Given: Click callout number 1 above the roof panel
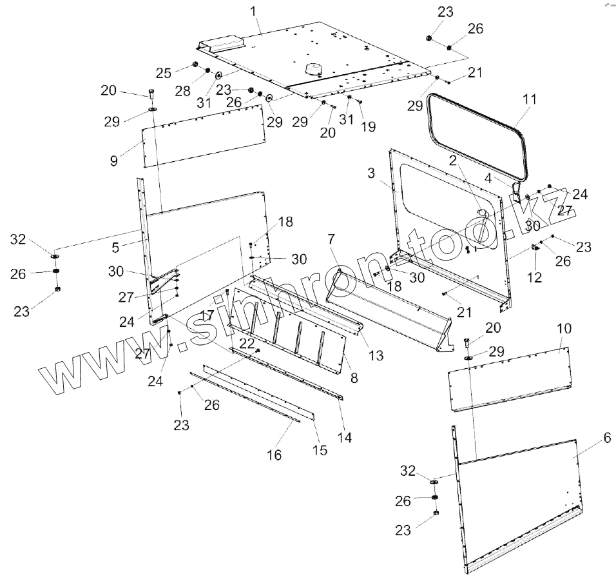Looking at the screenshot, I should click(253, 11).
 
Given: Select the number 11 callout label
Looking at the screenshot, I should click(530, 99).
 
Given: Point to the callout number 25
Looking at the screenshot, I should click(164, 70).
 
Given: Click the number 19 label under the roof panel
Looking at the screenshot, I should click(368, 127).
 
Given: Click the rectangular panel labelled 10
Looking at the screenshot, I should click(509, 377).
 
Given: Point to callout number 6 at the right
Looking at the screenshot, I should click(606, 438).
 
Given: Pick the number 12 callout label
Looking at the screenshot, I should click(534, 277).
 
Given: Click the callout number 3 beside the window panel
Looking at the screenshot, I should click(371, 173).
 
